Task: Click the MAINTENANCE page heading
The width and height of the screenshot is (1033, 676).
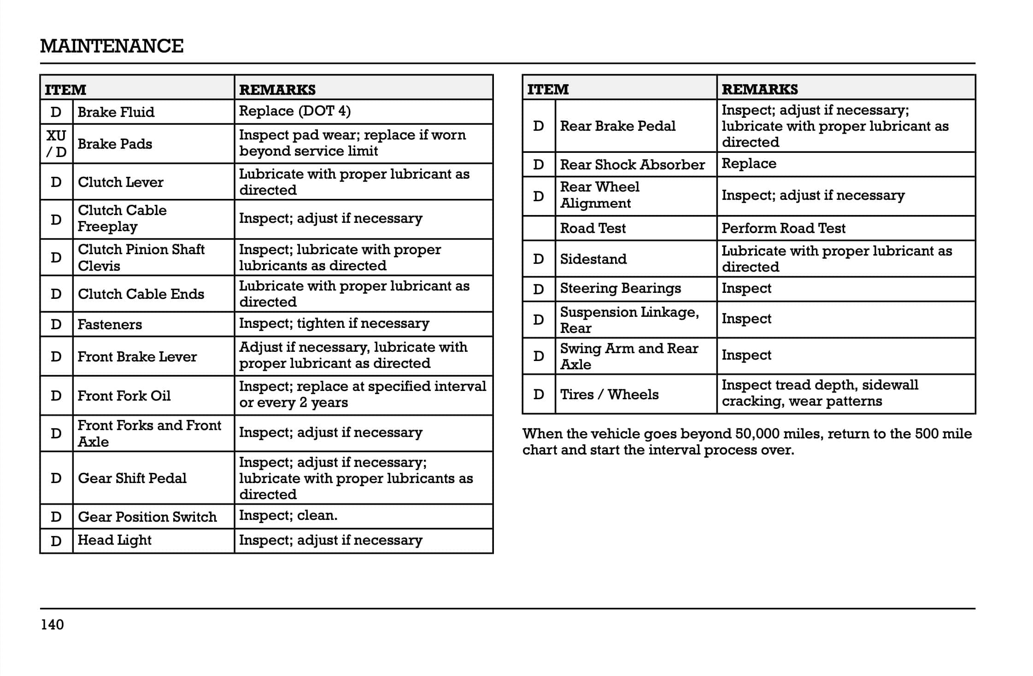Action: pyautogui.click(x=112, y=46)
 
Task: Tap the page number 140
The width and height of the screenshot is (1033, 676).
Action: pyautogui.click(x=52, y=624)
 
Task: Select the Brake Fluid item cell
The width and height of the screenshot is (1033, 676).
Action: pyautogui.click(x=116, y=112)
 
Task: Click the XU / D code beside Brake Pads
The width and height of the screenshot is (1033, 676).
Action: pyautogui.click(x=56, y=144)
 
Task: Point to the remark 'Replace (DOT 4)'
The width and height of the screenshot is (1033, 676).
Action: pyautogui.click(x=295, y=111)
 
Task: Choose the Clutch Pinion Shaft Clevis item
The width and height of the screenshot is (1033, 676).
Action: pyautogui.click(x=141, y=257)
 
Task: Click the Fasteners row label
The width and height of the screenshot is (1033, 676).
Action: pyautogui.click(x=110, y=325)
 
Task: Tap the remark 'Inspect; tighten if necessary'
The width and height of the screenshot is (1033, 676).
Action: pyautogui.click(x=334, y=323)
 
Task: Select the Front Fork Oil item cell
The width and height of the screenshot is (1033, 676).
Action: pyautogui.click(x=124, y=396)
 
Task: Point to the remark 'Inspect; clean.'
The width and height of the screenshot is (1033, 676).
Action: pyautogui.click(x=288, y=515)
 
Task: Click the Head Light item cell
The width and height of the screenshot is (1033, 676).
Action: pyautogui.click(x=114, y=540)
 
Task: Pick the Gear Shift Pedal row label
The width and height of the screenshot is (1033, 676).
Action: pyautogui.click(x=132, y=478)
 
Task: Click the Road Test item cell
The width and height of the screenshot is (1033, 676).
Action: pyautogui.click(x=593, y=228)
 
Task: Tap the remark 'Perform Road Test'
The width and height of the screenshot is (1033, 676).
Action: pyautogui.click(x=783, y=228)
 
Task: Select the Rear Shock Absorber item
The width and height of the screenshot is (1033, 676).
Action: pyautogui.click(x=632, y=165)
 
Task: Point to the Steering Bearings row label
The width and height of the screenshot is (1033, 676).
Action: pyautogui.click(x=620, y=289)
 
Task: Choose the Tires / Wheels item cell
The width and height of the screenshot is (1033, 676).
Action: pyautogui.click(x=609, y=395)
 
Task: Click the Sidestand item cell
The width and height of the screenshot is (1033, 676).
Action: pyautogui.click(x=593, y=259)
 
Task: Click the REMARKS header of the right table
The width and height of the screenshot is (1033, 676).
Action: pyautogui.click(x=759, y=89)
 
